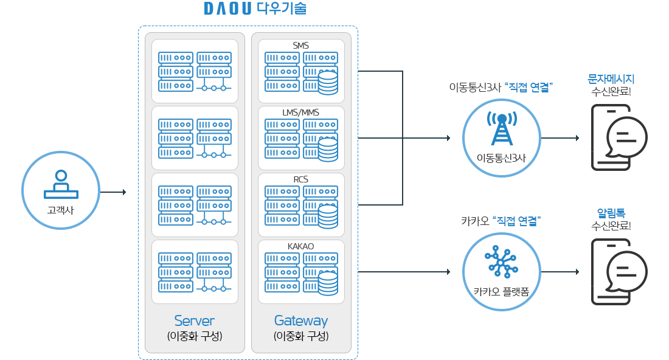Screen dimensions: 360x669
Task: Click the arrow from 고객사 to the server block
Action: point(113,192)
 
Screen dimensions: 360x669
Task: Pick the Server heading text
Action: point(194,320)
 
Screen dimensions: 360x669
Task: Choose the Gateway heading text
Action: point(301,320)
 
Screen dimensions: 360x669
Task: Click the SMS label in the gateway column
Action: point(301,46)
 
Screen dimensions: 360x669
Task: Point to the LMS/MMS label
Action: point(301,112)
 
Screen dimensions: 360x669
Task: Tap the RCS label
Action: point(301,179)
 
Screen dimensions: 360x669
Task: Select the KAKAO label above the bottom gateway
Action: point(301,246)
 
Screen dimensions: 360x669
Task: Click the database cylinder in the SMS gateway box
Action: point(328,83)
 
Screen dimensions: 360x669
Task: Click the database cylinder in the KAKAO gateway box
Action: point(328,283)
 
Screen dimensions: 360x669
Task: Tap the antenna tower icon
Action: point(502,128)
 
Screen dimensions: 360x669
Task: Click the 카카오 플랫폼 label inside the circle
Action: point(502,291)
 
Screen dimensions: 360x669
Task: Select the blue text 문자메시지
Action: point(611,79)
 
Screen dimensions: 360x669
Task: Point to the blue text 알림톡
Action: point(611,213)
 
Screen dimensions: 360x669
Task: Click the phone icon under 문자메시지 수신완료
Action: point(617,137)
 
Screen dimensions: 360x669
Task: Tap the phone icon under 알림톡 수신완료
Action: point(617,271)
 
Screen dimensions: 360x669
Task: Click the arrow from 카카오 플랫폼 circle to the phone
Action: point(560,272)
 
